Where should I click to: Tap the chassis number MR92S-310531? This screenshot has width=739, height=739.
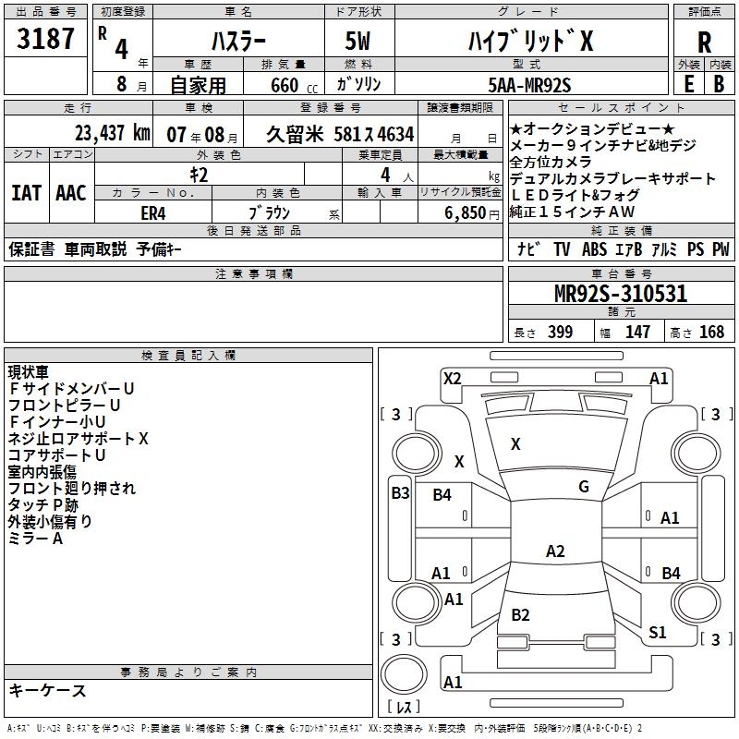621,294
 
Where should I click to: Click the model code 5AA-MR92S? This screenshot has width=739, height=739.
529,85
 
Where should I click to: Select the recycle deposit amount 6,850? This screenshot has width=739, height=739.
465,212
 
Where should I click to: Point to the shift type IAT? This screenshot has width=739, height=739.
26,193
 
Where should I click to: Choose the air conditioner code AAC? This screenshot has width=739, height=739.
71,193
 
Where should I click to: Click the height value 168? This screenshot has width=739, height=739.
711,333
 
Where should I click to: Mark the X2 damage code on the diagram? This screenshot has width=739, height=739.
452,378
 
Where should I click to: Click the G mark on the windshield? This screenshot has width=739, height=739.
584,487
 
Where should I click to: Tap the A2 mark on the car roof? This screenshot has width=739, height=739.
554,551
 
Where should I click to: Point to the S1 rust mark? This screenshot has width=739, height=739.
658,632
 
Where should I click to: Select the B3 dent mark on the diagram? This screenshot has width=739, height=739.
400,492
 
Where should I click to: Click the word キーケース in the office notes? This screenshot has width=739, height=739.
47,691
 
